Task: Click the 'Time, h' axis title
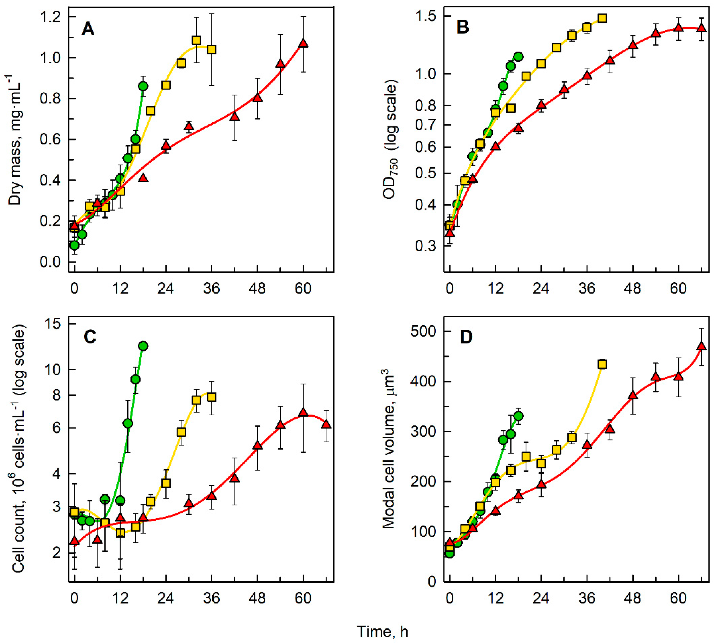pyautogui.click(x=383, y=631)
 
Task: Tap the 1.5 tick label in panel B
pyautogui.click(x=426, y=17)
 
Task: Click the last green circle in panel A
pyautogui.click(x=143, y=86)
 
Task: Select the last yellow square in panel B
pyautogui.click(x=602, y=18)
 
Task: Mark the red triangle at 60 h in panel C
pyautogui.click(x=303, y=413)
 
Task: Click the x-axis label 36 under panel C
pyautogui.click(x=211, y=598)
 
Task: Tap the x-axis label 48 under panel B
pyautogui.click(x=632, y=289)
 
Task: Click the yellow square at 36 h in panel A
pyautogui.click(x=211, y=50)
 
